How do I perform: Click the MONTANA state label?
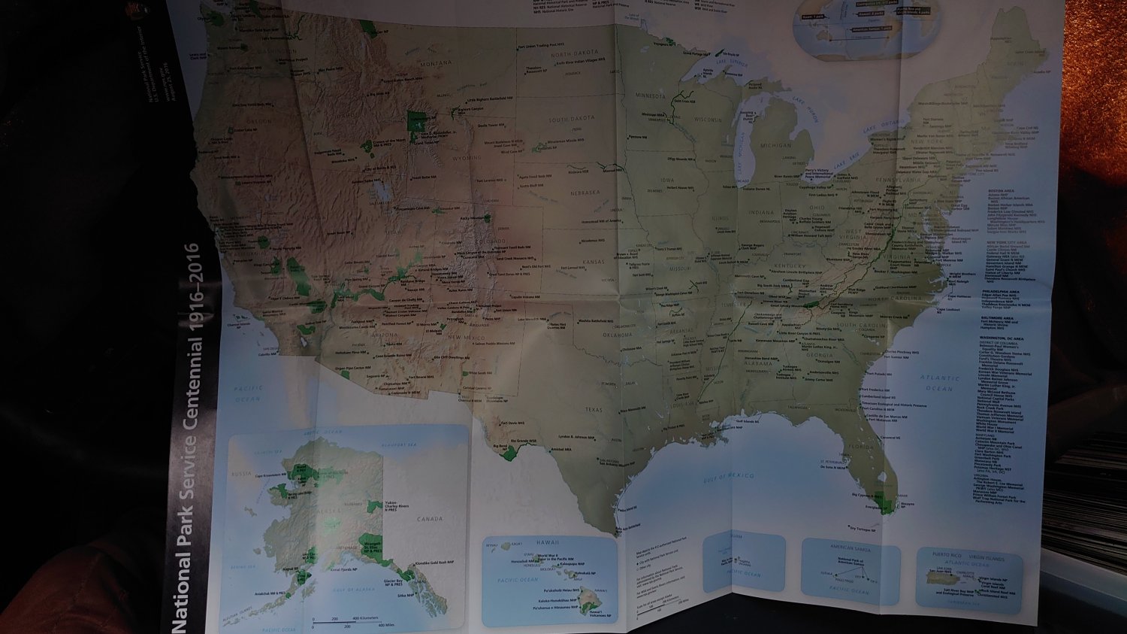tap(436, 64)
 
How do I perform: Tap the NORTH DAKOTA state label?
tap(575, 54)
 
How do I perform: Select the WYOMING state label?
tap(467, 159)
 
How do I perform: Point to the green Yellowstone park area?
tap(417, 120)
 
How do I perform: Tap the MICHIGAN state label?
tap(775, 145)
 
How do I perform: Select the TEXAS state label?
tap(594, 410)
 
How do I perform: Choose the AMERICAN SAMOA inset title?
tap(850, 548)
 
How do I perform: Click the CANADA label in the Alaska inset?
tap(430, 519)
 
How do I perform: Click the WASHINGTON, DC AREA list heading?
tap(1001, 338)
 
